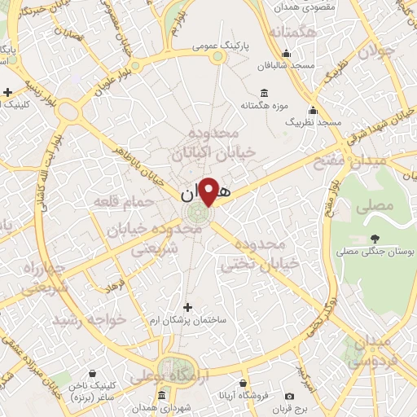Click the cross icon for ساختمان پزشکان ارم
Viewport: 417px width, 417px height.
click(189, 307)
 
